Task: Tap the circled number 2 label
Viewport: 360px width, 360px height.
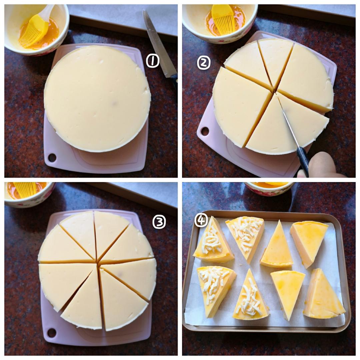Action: tap(204, 63)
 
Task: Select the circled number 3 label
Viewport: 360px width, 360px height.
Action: tap(159, 222)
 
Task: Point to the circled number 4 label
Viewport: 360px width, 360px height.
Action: tap(201, 220)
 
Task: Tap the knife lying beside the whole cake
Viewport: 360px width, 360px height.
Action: tap(160, 46)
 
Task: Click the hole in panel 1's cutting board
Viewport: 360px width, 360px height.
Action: tap(52, 157)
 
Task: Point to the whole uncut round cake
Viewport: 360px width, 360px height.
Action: tap(97, 99)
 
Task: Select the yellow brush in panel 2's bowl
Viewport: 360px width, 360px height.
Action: tap(223, 20)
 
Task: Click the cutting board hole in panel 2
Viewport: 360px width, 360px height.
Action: tap(205, 131)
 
